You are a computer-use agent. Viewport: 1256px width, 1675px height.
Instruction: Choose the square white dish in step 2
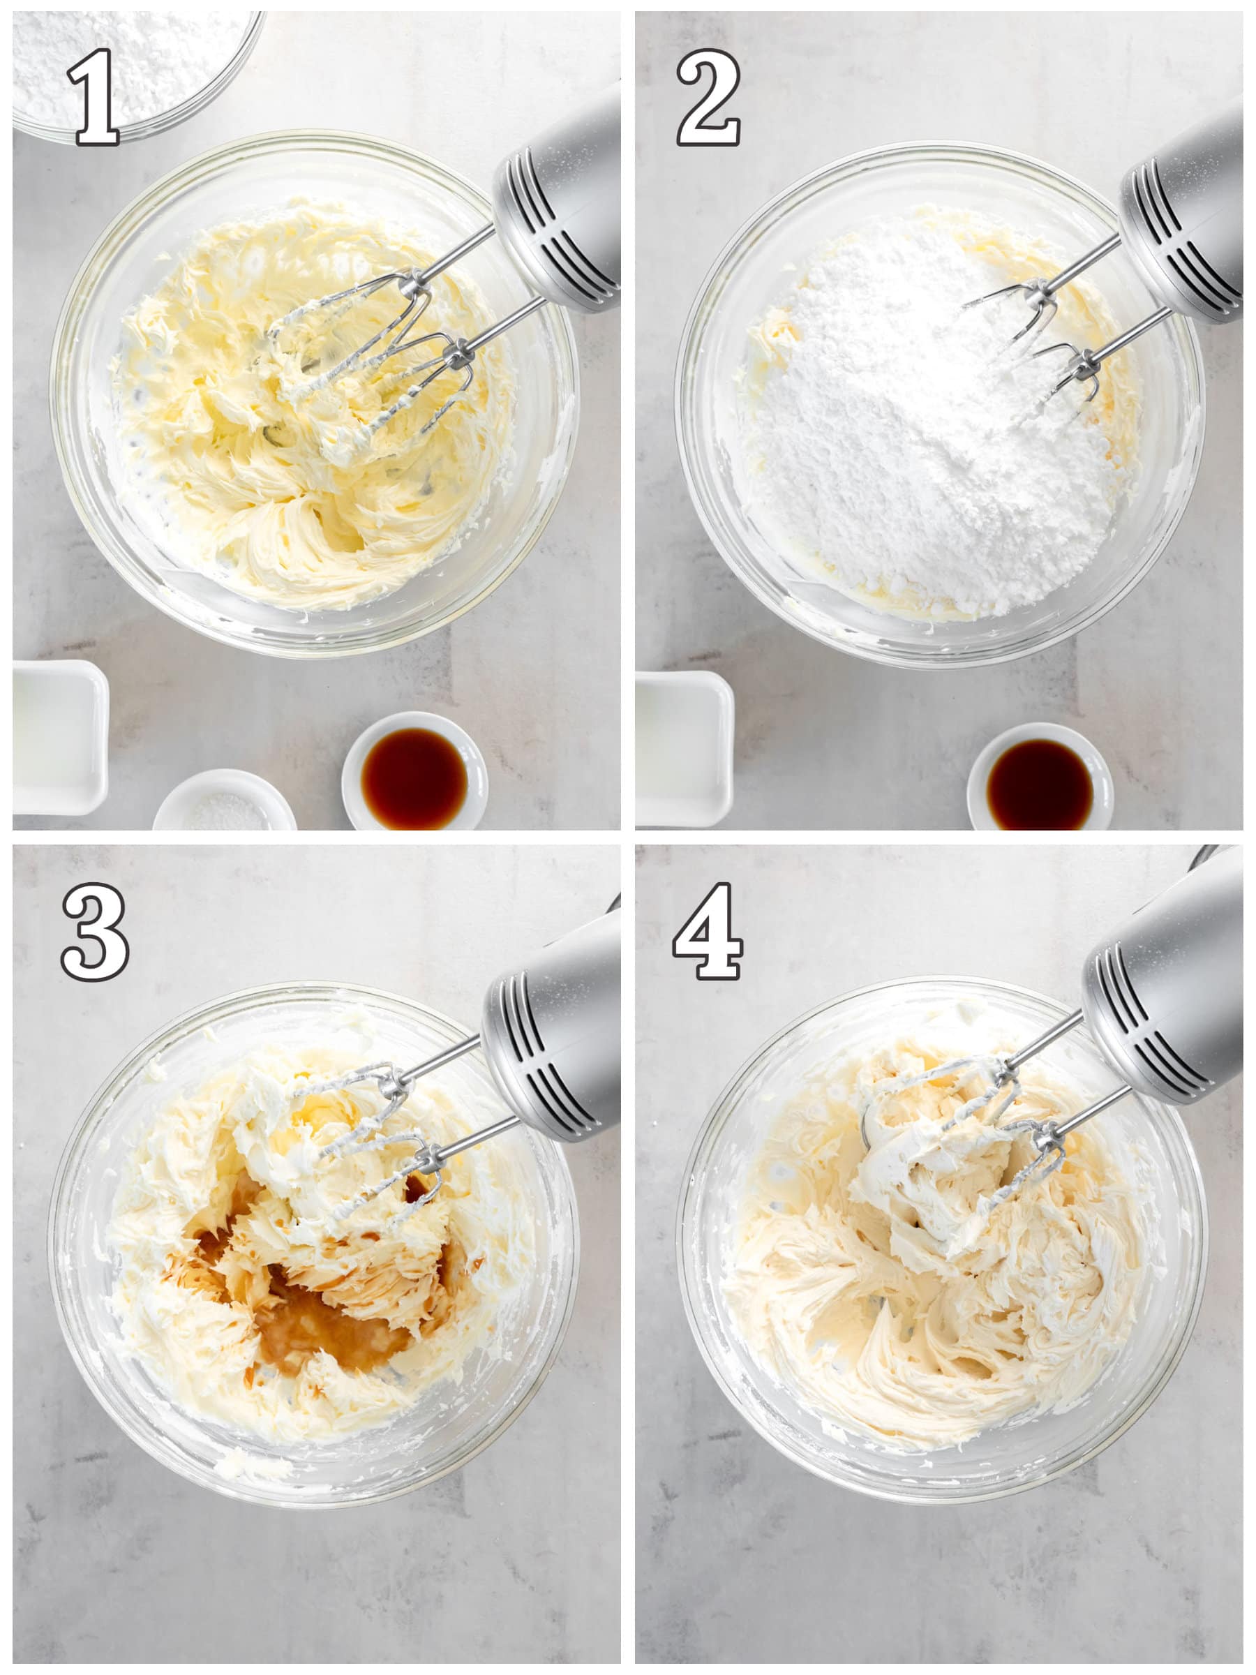(x=684, y=748)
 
